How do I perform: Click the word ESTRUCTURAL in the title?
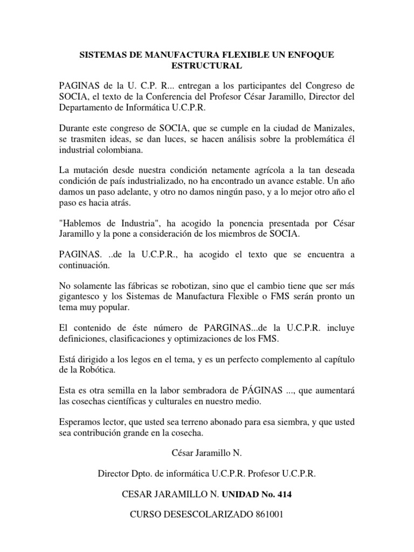coord(207,66)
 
